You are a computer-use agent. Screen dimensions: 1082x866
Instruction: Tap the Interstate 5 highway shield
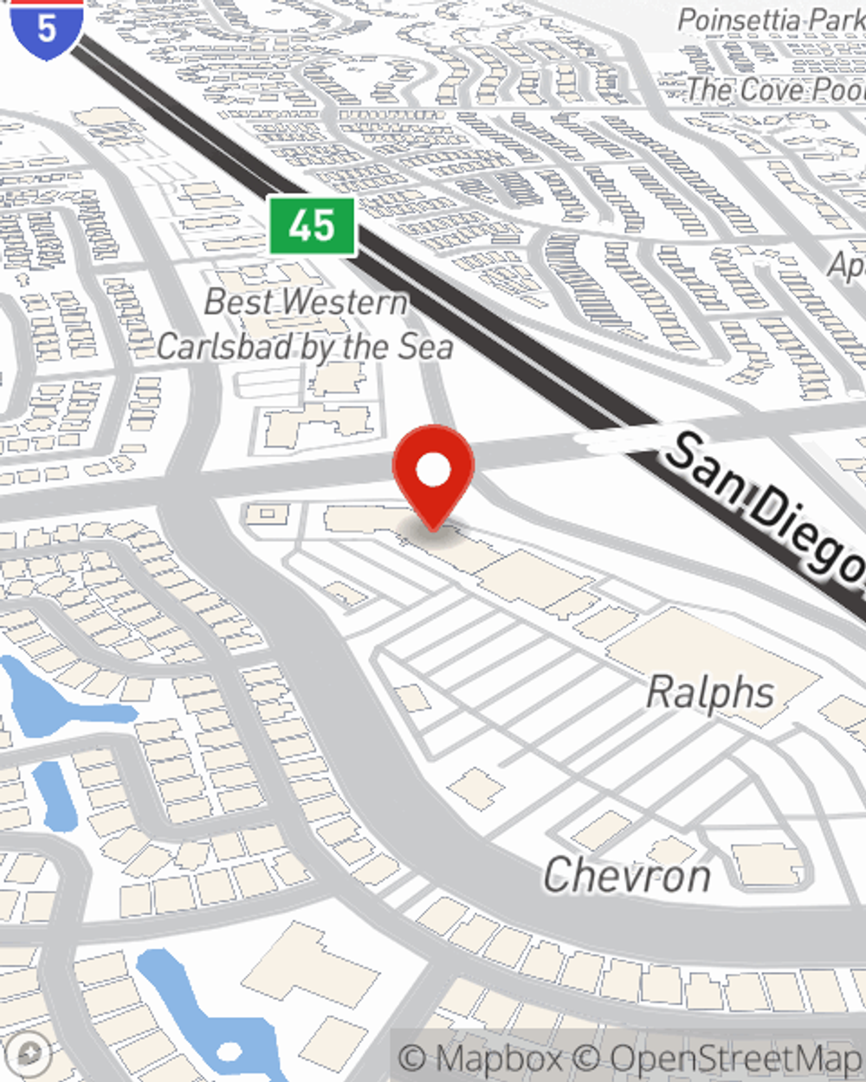(47, 28)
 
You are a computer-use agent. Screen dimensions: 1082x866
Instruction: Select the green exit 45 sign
(312, 226)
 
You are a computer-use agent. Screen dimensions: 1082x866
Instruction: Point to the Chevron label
(627, 875)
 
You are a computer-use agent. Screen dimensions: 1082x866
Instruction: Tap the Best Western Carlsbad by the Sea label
(306, 325)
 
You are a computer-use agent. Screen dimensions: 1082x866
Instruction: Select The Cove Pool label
(775, 88)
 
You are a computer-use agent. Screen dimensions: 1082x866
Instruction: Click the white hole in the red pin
(433, 470)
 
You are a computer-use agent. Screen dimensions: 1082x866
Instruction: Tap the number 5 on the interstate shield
(47, 28)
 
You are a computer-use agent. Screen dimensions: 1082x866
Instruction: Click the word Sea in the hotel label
(425, 347)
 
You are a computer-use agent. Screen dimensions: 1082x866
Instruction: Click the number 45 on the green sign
(312, 226)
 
